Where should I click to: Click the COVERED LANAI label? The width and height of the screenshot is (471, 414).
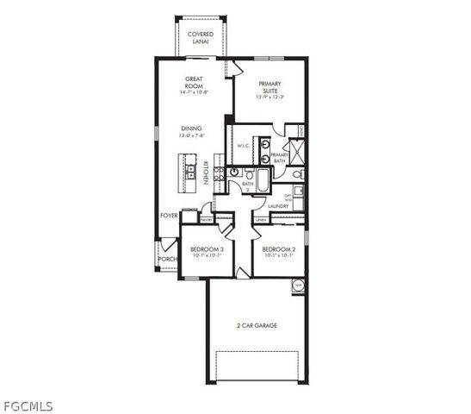[200, 38]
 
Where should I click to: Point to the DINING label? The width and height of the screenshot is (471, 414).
[190, 131]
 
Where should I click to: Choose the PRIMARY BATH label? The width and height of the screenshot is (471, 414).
[279, 158]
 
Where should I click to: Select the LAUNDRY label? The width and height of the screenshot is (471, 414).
[278, 206]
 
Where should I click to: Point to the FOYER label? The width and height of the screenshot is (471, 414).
[169, 216]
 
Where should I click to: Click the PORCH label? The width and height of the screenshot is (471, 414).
[167, 258]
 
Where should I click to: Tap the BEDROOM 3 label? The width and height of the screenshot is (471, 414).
[206, 249]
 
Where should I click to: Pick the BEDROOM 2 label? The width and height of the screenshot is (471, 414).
[280, 249]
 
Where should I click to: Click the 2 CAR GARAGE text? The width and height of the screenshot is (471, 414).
[256, 326]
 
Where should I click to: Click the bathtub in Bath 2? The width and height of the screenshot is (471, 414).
[263, 180]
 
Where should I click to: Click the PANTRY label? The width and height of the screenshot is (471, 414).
[207, 220]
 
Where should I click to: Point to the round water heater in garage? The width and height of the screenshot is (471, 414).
[299, 285]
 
